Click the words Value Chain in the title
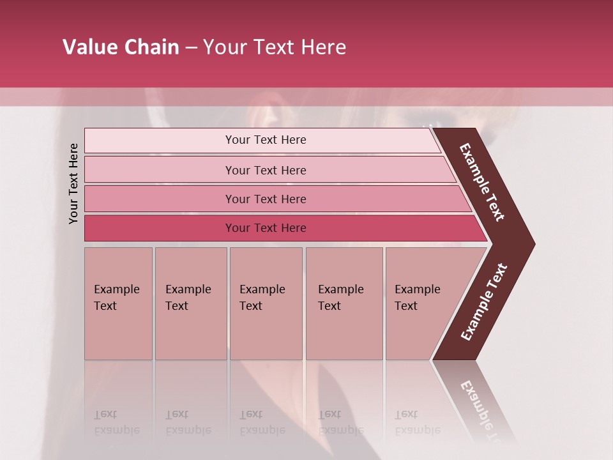tap(121, 47)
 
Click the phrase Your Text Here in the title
tap(275, 47)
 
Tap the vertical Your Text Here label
tap(73, 183)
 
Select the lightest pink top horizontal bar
tap(160, 140)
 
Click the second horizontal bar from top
tap(160, 170)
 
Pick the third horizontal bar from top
tap(160, 199)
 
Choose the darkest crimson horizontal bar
tap(160, 228)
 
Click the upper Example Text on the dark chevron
tap(482, 182)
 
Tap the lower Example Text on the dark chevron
tap(484, 302)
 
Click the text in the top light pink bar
tap(266, 140)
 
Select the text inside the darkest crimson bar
tap(266, 228)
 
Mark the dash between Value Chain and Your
tap(191, 48)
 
